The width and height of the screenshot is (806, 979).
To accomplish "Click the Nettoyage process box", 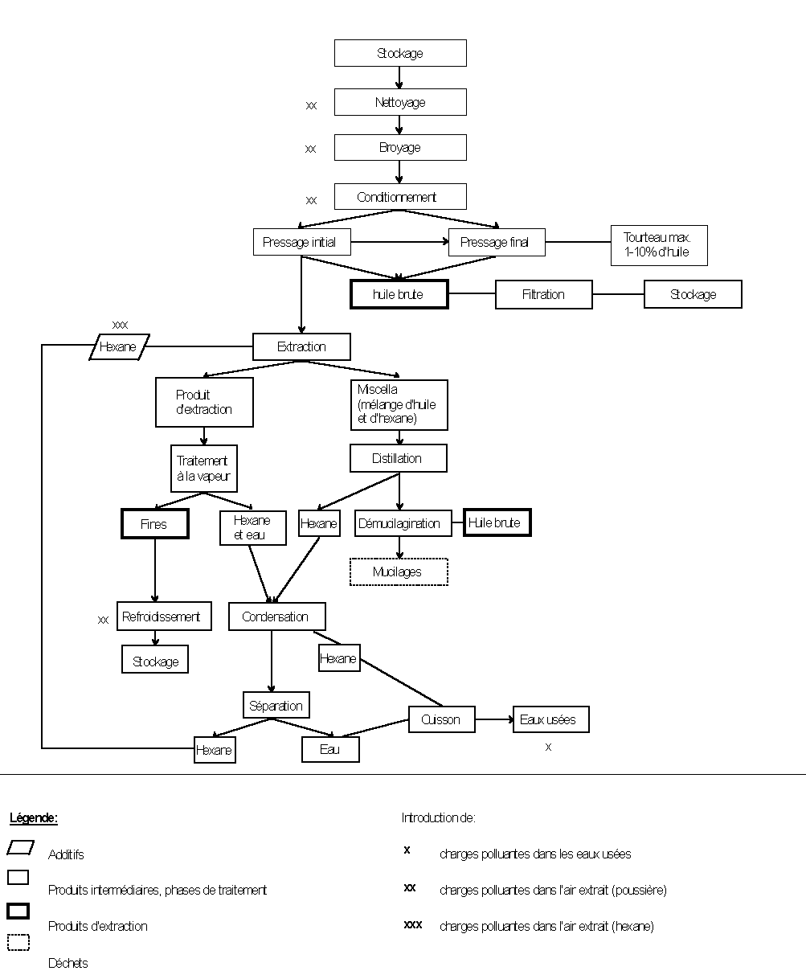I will click(x=400, y=102).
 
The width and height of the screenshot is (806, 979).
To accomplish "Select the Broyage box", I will click(x=400, y=148).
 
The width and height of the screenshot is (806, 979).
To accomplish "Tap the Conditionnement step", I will click(x=400, y=197).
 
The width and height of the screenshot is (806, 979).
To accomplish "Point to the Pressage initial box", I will click(x=301, y=242).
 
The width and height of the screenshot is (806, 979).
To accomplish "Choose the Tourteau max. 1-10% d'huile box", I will click(x=659, y=245).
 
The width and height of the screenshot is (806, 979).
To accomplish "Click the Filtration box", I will click(x=543, y=294).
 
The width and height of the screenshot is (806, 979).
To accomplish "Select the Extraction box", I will click(x=301, y=347).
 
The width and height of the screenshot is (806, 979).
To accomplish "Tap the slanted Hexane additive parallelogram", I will click(x=119, y=347).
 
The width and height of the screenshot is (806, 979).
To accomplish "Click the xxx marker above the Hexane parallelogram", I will click(x=121, y=325).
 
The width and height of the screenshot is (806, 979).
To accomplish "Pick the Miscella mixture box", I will click(x=399, y=404).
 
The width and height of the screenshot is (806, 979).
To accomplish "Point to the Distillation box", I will click(x=398, y=458).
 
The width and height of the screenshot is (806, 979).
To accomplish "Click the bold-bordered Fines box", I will click(x=154, y=524).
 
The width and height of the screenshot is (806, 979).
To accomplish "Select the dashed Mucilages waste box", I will click(x=399, y=572).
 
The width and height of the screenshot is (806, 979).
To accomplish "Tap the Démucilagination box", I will click(x=399, y=523).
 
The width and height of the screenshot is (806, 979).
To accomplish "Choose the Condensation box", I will click(x=276, y=616).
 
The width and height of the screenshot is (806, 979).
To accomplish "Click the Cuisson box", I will click(x=441, y=719).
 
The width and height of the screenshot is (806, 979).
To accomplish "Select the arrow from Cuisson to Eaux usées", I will click(x=493, y=719).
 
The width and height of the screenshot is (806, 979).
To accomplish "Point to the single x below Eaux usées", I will click(x=548, y=747).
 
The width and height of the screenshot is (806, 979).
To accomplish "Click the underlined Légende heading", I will click(x=34, y=818).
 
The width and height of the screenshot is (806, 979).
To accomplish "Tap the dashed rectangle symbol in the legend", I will click(x=18, y=942).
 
